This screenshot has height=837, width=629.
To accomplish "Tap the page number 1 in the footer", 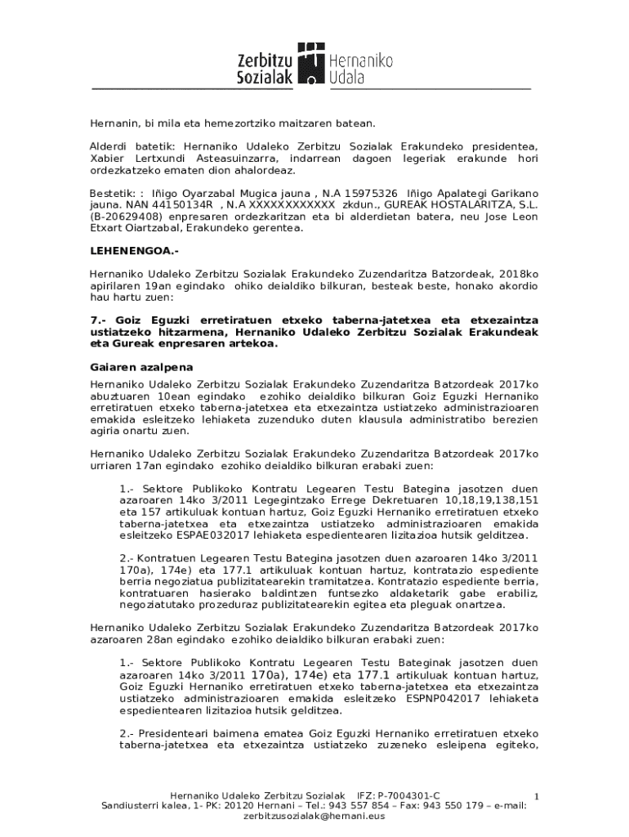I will [x=536, y=795].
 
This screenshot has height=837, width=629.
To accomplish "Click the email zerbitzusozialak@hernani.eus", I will [x=314, y=816].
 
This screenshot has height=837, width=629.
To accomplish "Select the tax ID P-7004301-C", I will [x=408, y=795].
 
